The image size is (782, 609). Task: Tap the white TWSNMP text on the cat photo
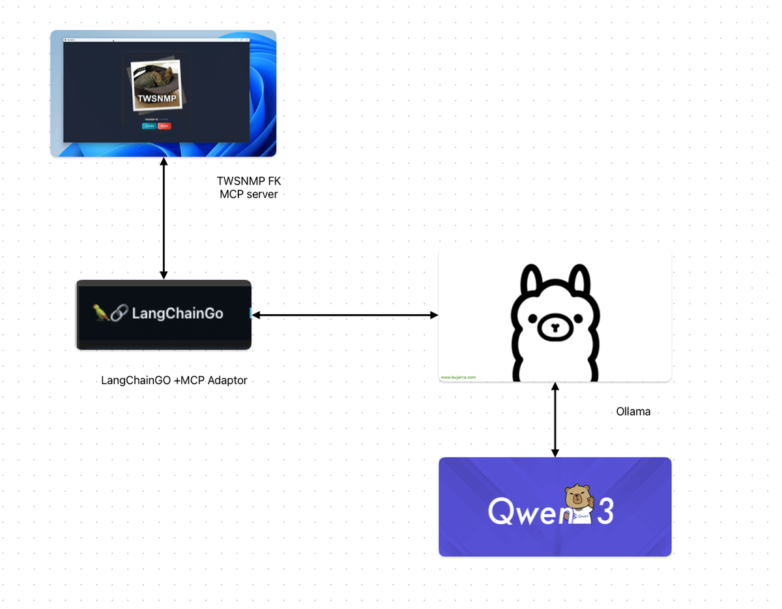click(x=156, y=99)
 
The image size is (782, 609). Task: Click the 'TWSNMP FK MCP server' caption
click(x=249, y=187)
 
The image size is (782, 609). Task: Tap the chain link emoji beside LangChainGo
click(x=119, y=314)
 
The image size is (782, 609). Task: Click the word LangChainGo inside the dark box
click(x=177, y=314)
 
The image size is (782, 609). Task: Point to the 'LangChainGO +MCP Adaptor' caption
click(x=174, y=380)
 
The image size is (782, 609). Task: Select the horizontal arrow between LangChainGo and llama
click(x=345, y=315)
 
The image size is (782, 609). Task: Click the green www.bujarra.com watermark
click(x=458, y=377)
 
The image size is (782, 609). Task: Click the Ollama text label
click(x=633, y=412)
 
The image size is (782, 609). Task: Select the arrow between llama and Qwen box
click(x=555, y=419)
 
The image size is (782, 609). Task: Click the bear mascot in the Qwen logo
click(x=578, y=504)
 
